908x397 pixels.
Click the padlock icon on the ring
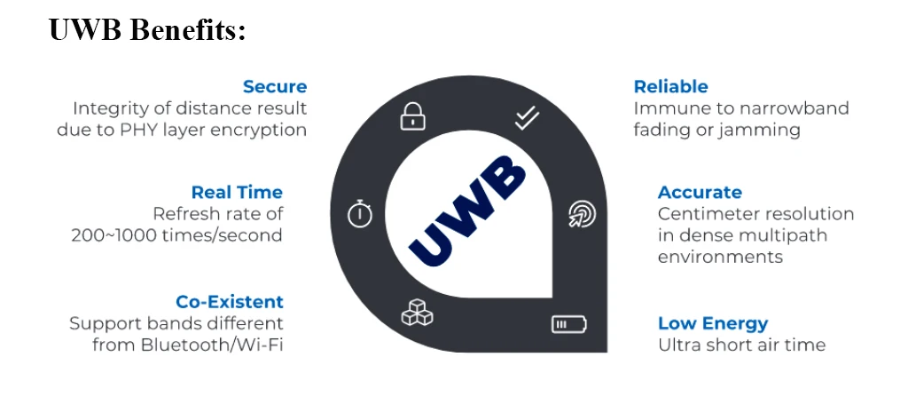pyautogui.click(x=411, y=115)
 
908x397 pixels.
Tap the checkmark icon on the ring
pyautogui.click(x=527, y=118)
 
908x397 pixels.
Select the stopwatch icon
pyautogui.click(x=359, y=214)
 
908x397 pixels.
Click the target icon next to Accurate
pyautogui.click(x=582, y=214)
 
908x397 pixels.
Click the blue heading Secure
pyautogui.click(x=275, y=86)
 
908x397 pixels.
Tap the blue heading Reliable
pyautogui.click(x=670, y=86)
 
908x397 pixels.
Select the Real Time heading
pyautogui.click(x=237, y=192)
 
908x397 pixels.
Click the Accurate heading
pyautogui.click(x=700, y=192)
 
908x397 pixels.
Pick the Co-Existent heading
pyautogui.click(x=230, y=301)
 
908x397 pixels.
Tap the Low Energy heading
pyautogui.click(x=712, y=323)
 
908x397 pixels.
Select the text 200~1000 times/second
pyautogui.click(x=176, y=235)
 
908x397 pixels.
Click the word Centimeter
pyautogui.click(x=706, y=214)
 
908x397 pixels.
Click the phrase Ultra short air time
pyautogui.click(x=741, y=345)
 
